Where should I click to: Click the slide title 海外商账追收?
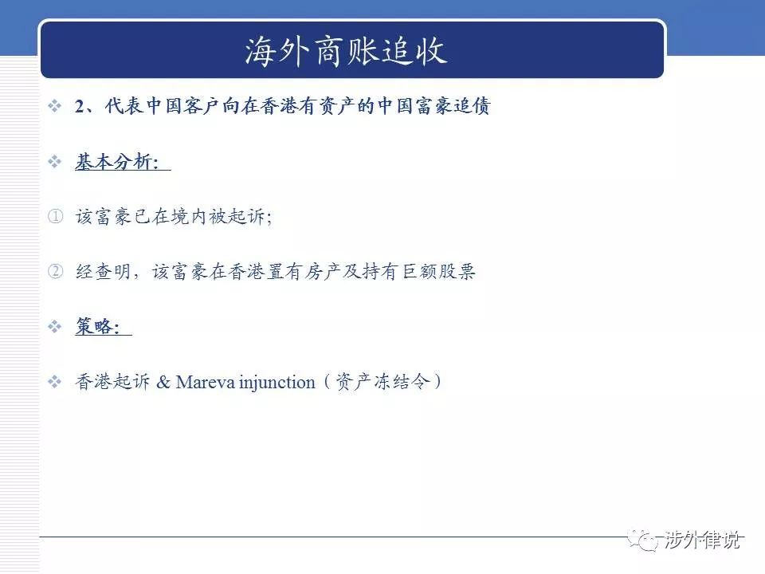pos(346,50)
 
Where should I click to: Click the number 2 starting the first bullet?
pos(80,106)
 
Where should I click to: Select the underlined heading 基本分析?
pos(116,162)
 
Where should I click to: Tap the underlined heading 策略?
pos(97,326)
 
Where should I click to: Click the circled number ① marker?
pos(56,216)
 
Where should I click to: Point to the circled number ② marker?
pos(56,271)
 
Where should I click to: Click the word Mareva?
pos(205,382)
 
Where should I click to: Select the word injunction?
pos(277,383)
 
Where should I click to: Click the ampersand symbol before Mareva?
pos(163,382)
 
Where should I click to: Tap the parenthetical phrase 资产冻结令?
pos(383,381)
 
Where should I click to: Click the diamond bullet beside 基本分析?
pos(55,161)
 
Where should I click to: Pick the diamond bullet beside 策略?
pos(55,326)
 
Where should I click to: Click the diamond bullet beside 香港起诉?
pos(55,381)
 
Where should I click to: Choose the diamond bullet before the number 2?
pos(55,105)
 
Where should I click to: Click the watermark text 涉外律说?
pos(703,540)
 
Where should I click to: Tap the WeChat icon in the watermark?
pos(644,540)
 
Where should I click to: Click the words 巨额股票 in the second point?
pos(438,271)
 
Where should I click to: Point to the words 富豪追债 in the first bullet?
pos(453,106)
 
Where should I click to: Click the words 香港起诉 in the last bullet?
pos(112,381)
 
